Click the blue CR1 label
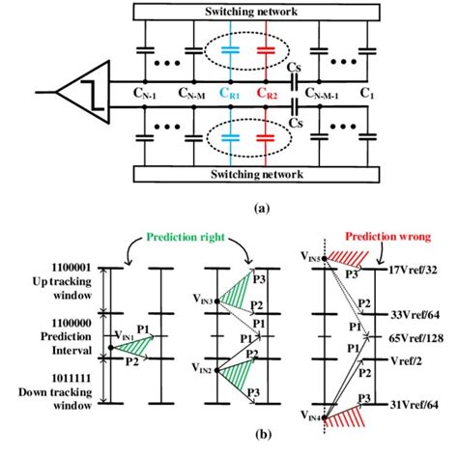229,95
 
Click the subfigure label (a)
260,207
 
